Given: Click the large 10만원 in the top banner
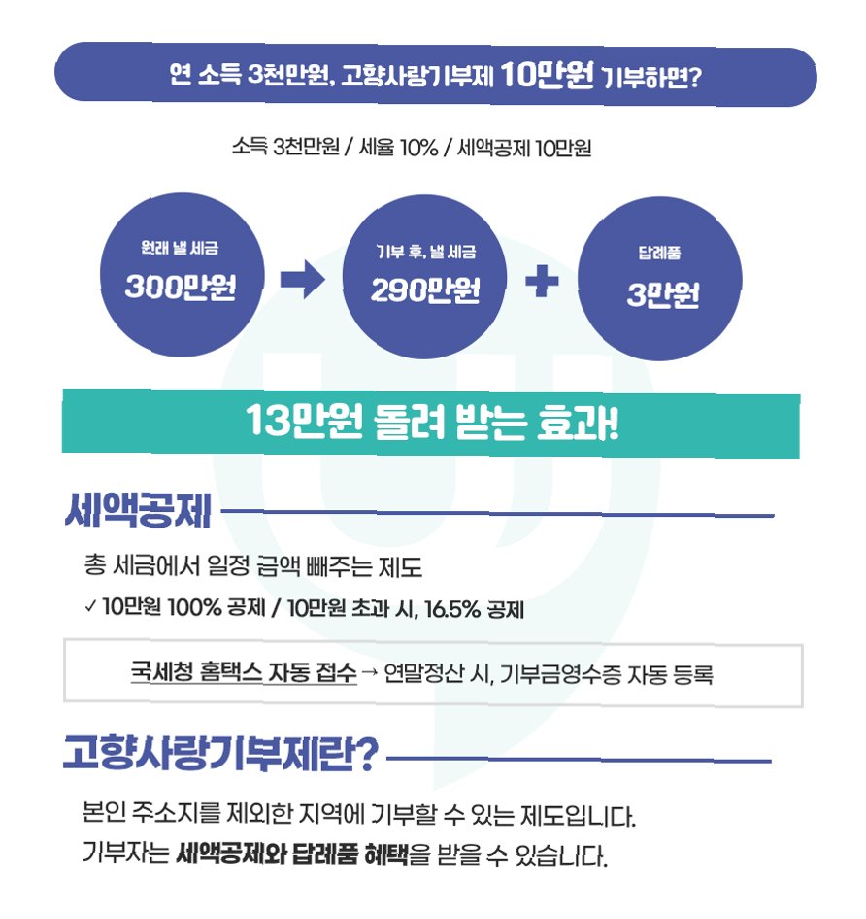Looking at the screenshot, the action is point(548,78).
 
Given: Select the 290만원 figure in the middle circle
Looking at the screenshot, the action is point(425,290).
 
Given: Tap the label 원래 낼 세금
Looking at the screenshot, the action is point(180,250).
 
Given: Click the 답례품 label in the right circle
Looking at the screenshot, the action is point(659,255).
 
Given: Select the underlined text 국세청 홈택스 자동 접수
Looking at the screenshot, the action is point(244,673).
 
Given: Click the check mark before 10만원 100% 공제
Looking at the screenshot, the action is point(90,610).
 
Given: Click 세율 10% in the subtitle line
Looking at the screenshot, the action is point(395,149).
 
